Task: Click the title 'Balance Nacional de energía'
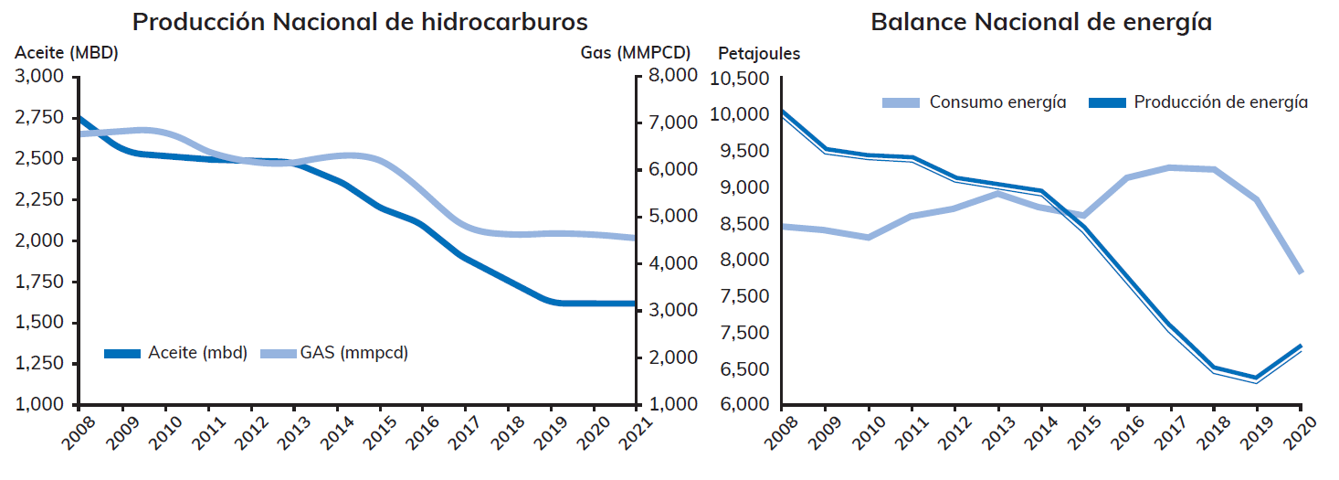1041,22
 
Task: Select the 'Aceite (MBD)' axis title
67,53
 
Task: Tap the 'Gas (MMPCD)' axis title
636,53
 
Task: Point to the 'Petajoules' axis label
759,54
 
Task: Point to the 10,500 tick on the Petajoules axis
738,79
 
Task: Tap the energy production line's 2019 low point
1259,379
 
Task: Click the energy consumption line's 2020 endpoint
1301,272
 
